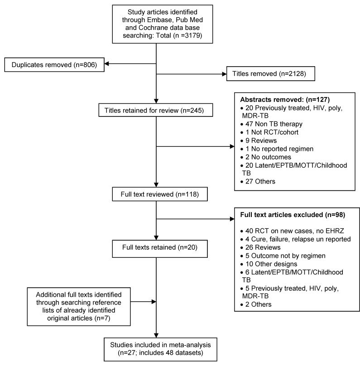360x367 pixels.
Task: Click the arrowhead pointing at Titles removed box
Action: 224,74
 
